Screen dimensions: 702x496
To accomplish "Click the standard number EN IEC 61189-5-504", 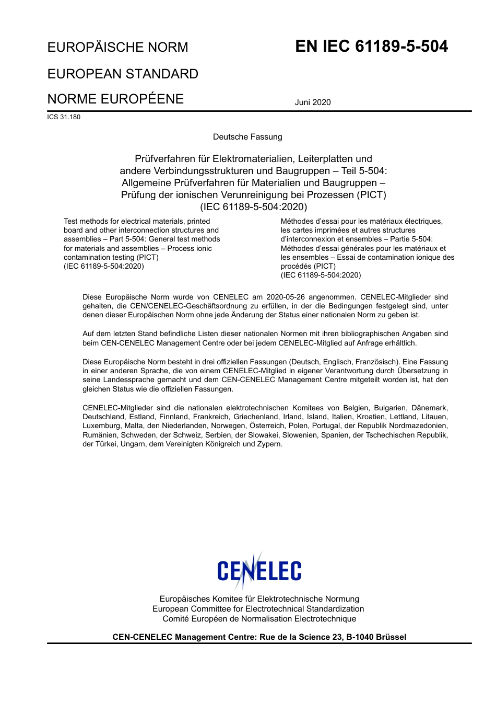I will tap(371, 47).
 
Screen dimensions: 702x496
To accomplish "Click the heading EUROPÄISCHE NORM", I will tap(117, 48).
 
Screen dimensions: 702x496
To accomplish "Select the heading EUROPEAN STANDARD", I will tap(123, 74).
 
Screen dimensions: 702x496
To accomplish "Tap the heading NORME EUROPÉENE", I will tap(115, 99).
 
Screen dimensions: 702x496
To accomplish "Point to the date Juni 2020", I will tap(313, 102).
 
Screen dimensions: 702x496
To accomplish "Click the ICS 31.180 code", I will tap(64, 117).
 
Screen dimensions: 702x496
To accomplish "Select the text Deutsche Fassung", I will tap(247, 137).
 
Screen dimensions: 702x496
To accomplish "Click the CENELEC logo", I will tap(259, 571).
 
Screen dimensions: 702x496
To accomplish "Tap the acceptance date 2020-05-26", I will tap(285, 297).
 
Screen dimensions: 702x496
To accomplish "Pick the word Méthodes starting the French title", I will tap(297, 221).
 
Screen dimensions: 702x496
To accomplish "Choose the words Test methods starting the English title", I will tap(83, 221).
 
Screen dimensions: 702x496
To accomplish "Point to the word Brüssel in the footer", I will tap(391, 637).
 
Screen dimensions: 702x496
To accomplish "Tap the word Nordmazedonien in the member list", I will tap(421, 426).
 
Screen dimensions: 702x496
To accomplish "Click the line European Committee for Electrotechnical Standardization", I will tap(258, 609).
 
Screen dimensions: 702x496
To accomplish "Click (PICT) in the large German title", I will tap(371, 195).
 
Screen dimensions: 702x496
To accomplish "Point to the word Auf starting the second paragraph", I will tap(89, 333).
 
